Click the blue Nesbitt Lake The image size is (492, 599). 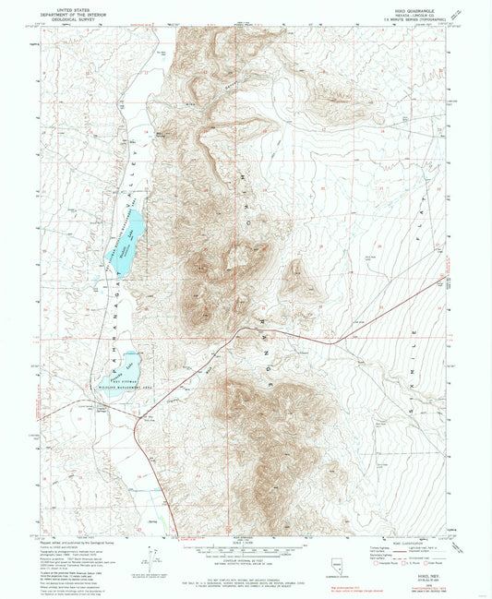[x=130, y=235]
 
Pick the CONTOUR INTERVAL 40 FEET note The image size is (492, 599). [x=244, y=557]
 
